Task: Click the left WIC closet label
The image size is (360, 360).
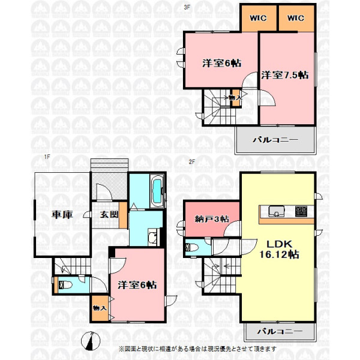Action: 258,18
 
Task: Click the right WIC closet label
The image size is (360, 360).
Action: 296,18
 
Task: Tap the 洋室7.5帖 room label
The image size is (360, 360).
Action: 284,75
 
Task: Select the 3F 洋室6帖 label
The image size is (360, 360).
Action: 221,63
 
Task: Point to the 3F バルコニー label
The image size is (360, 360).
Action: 275,140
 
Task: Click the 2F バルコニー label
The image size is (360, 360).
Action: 280,331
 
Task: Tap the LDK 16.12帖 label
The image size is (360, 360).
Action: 279,250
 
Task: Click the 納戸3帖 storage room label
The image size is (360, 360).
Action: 212,219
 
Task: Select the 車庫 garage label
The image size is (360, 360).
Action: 62,214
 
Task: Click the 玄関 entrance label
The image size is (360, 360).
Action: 109,214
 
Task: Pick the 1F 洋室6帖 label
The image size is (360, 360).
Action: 137,285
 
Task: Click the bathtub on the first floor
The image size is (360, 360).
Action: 157,191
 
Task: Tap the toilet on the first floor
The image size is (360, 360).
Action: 65,285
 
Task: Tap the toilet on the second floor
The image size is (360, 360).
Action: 192,247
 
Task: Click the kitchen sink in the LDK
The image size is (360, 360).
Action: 277,211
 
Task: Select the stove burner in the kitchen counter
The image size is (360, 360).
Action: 301,211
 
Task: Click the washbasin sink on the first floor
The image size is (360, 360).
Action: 152,237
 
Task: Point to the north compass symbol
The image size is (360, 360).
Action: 91,341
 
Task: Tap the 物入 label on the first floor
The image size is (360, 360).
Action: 100,308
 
